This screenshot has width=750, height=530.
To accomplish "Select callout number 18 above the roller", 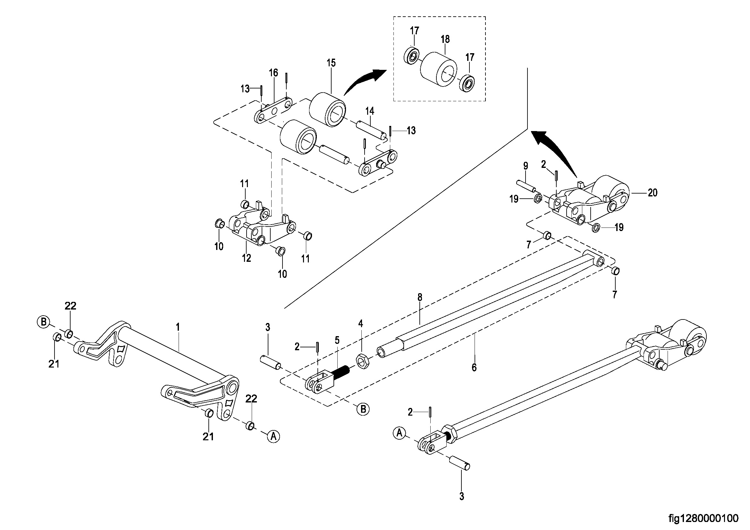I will coord(445,39).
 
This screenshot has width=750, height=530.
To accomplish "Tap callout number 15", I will coord(331,63).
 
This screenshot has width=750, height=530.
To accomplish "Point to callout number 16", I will coord(274,73).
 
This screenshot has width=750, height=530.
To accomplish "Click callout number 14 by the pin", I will coord(369,111).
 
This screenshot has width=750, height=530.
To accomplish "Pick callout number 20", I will coord(652,193).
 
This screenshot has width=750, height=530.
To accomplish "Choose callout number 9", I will coord(526,166).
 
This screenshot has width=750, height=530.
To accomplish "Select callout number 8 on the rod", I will coord(420,297).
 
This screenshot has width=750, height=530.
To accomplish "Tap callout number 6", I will coord(474,368).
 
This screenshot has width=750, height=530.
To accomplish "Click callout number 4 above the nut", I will coord(360,323).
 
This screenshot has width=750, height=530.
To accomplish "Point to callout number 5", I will coord(337,340).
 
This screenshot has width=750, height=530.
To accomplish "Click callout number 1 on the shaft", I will coord(178,327).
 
